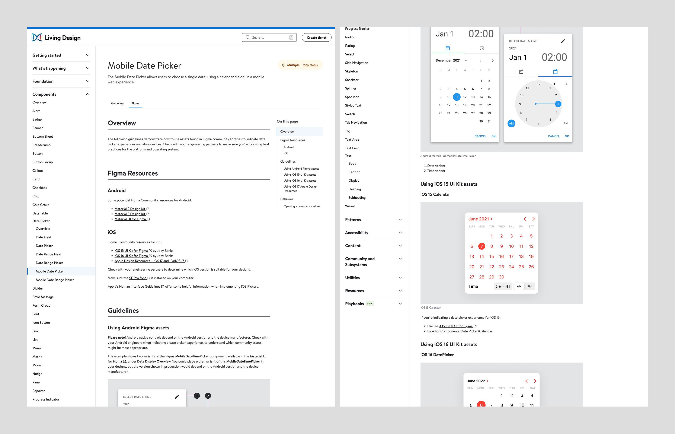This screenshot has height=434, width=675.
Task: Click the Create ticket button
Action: tap(316, 38)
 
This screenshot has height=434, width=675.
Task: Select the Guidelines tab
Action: tap(118, 103)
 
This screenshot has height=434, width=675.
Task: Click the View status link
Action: tap(310, 65)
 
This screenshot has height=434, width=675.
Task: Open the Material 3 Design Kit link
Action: tap(130, 214)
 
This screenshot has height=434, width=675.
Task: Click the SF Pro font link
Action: tap(137, 278)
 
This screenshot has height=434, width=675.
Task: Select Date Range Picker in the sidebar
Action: tap(49, 263)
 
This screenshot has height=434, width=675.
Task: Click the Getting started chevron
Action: tap(88, 55)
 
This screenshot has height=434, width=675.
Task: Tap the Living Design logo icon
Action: tap(37, 38)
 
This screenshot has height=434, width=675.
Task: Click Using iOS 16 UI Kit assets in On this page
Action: tap(300, 181)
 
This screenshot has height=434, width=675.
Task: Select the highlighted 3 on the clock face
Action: tap(558, 104)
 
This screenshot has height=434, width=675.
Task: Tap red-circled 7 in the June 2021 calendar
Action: tap(482, 246)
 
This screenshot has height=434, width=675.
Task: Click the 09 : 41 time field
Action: tap(503, 286)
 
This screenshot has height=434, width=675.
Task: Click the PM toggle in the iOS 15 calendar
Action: tap(529, 286)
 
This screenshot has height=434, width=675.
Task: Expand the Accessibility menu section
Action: tap(374, 233)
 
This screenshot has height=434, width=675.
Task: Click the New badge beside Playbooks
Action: tap(370, 303)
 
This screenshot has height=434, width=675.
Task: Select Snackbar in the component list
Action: tap(352, 80)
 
